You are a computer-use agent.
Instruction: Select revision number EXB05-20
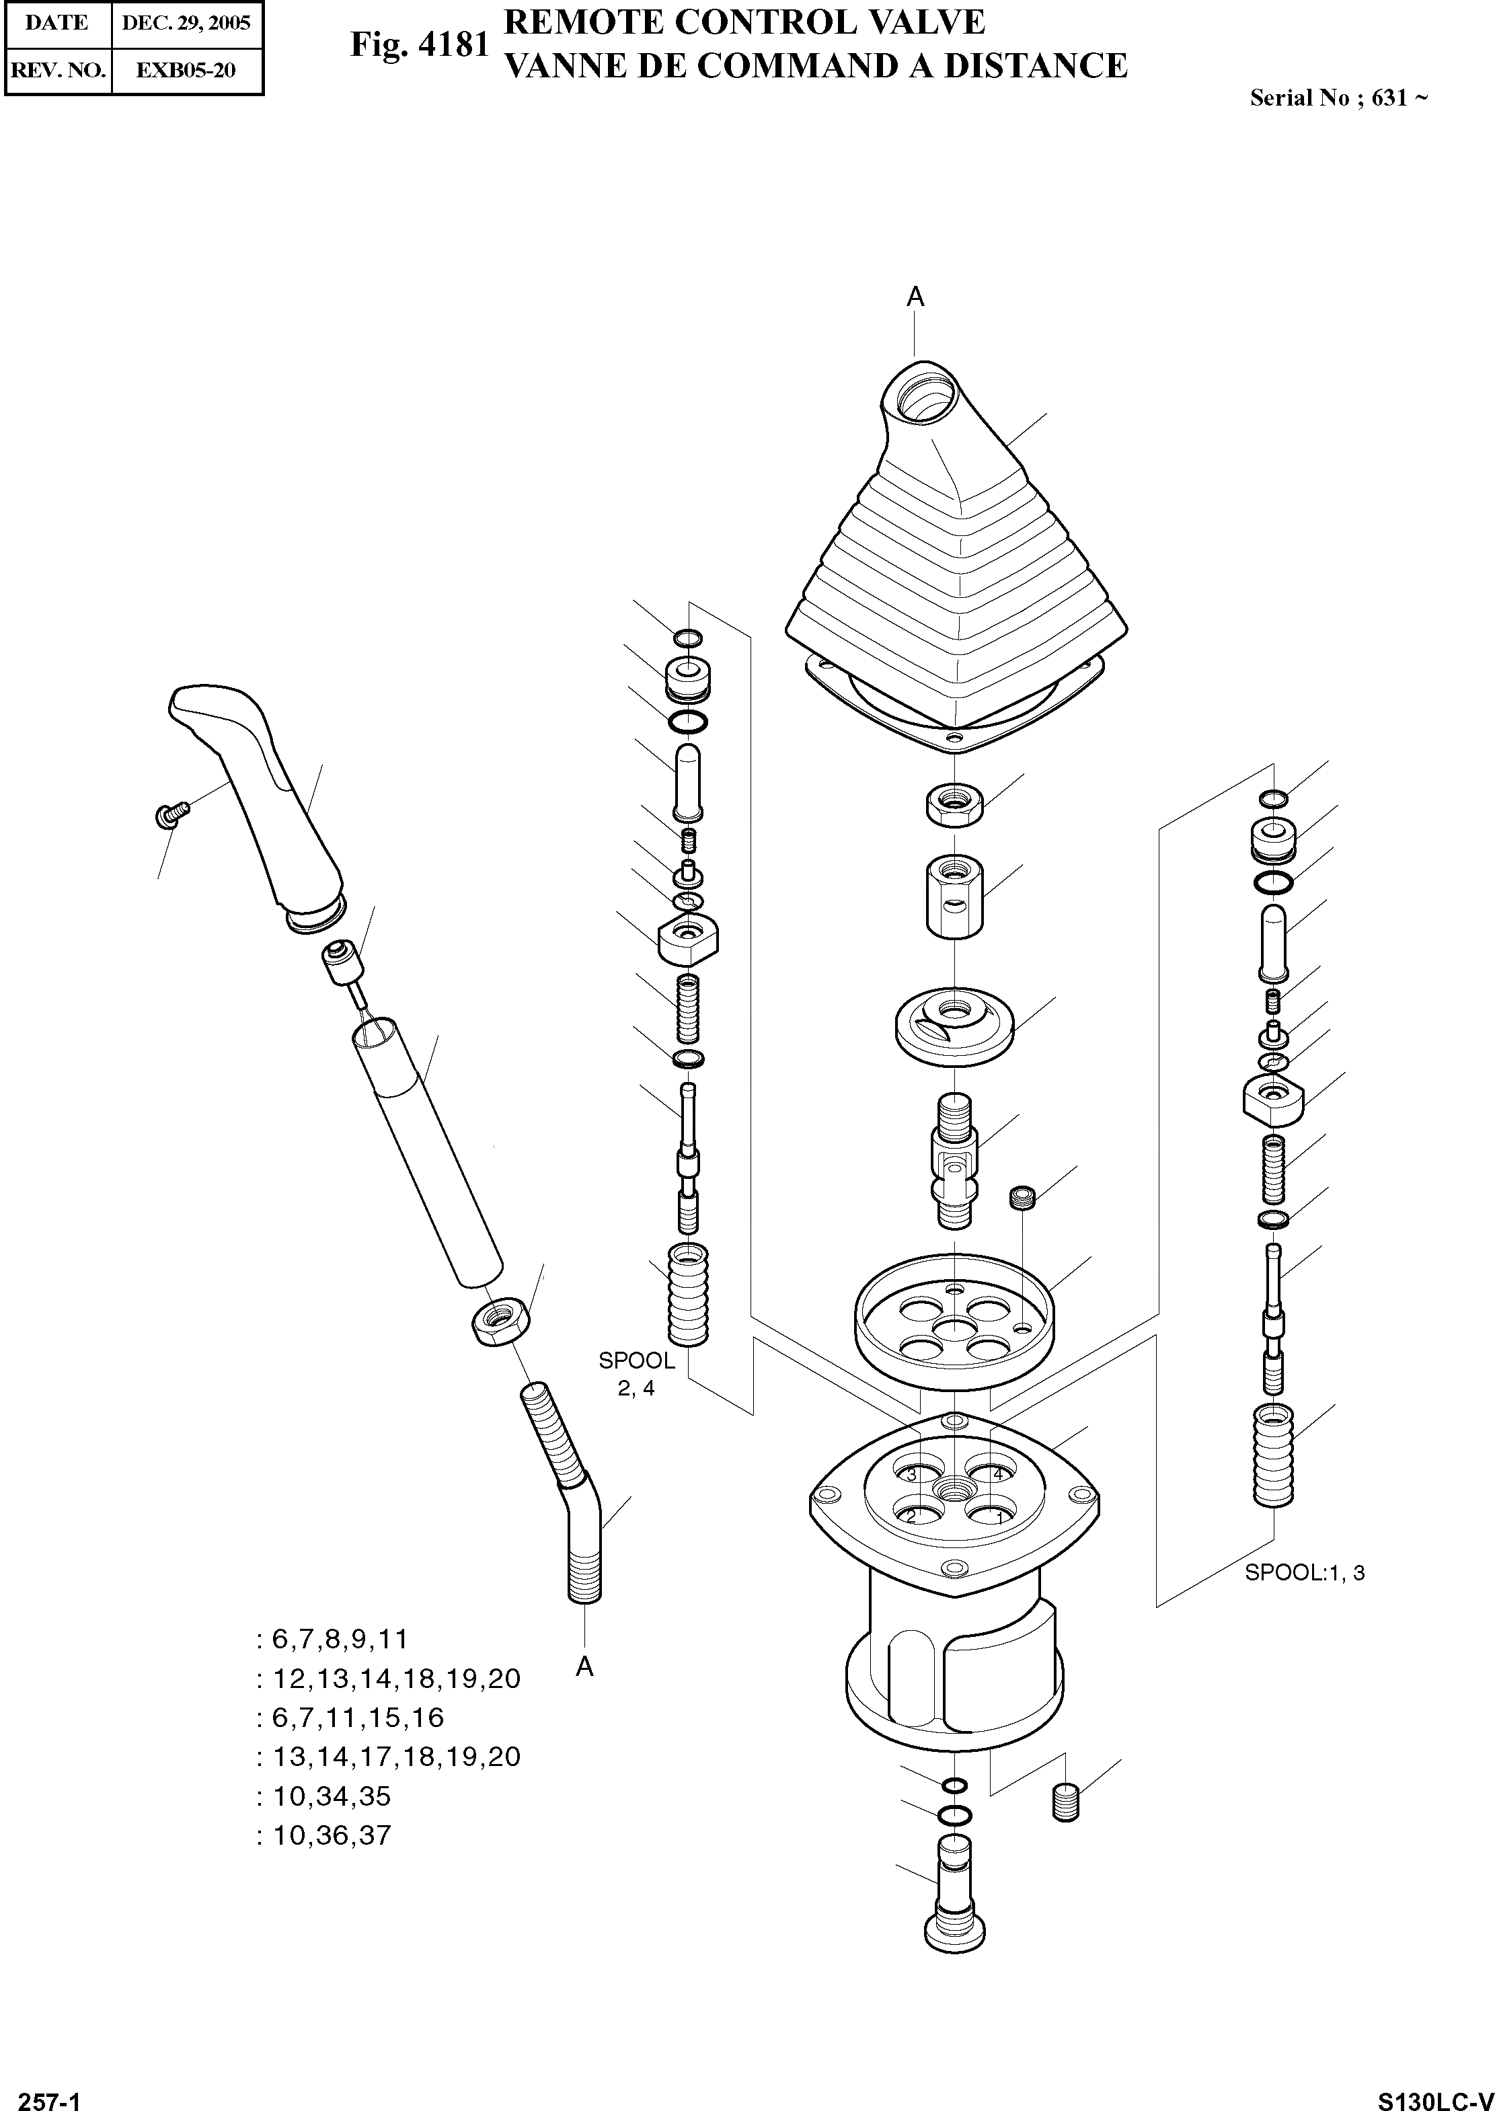tap(186, 71)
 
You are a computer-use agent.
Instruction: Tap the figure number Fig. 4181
tap(419, 44)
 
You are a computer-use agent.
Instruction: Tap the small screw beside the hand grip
tap(171, 813)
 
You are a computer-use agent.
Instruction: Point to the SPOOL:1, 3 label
tap(1305, 1572)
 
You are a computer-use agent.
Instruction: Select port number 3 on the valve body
tap(911, 1474)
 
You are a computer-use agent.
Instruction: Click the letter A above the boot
tap(915, 297)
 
